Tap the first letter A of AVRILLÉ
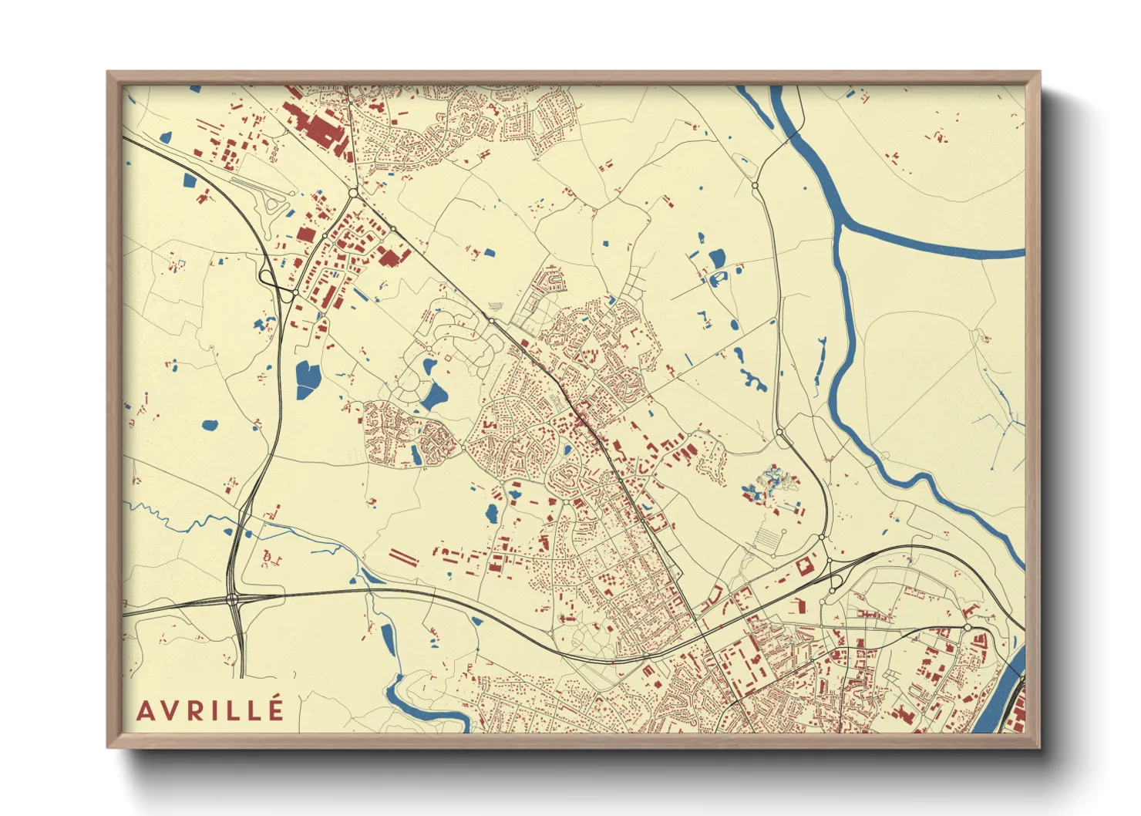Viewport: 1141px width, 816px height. [x=145, y=710]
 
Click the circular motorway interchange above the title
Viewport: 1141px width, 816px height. [x=233, y=599]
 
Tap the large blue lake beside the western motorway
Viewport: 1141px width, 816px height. [x=307, y=379]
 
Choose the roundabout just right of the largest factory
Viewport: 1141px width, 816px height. [x=353, y=193]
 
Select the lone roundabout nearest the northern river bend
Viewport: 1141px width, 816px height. [x=755, y=186]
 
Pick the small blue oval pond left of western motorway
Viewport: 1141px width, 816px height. [x=209, y=424]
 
